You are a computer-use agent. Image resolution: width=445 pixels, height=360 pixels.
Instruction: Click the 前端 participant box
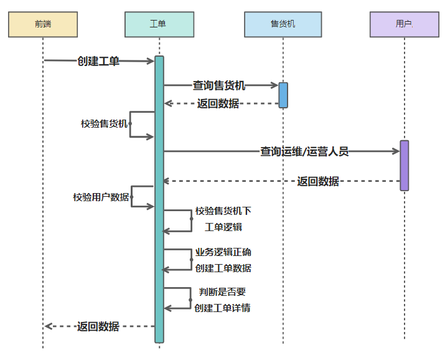[x=43, y=24]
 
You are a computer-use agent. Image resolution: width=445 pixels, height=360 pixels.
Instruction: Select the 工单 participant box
[x=159, y=24]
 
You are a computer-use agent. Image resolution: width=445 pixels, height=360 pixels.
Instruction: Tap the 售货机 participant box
[x=283, y=24]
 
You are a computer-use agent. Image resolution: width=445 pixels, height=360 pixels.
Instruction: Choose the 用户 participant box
[x=404, y=24]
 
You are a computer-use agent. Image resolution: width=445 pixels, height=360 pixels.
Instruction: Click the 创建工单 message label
[x=98, y=61]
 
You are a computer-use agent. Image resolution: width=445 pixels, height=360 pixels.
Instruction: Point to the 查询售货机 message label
[x=218, y=86]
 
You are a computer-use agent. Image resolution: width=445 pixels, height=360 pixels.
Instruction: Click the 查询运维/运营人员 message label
[x=304, y=151]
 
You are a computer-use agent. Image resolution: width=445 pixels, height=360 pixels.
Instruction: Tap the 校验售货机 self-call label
[x=104, y=123]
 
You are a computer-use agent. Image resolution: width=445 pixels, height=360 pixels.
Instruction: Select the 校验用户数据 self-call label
[x=101, y=197]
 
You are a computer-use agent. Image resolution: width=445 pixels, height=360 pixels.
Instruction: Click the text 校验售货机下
[x=223, y=211]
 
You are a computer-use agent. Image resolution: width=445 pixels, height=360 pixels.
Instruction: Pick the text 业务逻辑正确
[x=223, y=252]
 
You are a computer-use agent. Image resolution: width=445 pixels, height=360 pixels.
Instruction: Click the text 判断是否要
[x=223, y=291]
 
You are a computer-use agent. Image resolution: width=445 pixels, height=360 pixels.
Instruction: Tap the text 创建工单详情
[x=222, y=308]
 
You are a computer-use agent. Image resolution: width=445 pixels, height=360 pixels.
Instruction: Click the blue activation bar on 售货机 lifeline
[x=283, y=95]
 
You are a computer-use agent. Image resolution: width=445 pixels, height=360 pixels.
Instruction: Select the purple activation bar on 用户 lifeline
[x=404, y=165]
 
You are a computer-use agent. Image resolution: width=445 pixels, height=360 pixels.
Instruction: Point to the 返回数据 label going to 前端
[x=98, y=326]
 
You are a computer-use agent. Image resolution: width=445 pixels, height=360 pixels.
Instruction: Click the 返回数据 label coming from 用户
[x=318, y=181]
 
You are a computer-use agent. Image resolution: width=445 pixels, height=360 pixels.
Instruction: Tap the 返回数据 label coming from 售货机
[x=218, y=103]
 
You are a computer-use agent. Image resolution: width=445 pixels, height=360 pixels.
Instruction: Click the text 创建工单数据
[x=223, y=268]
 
